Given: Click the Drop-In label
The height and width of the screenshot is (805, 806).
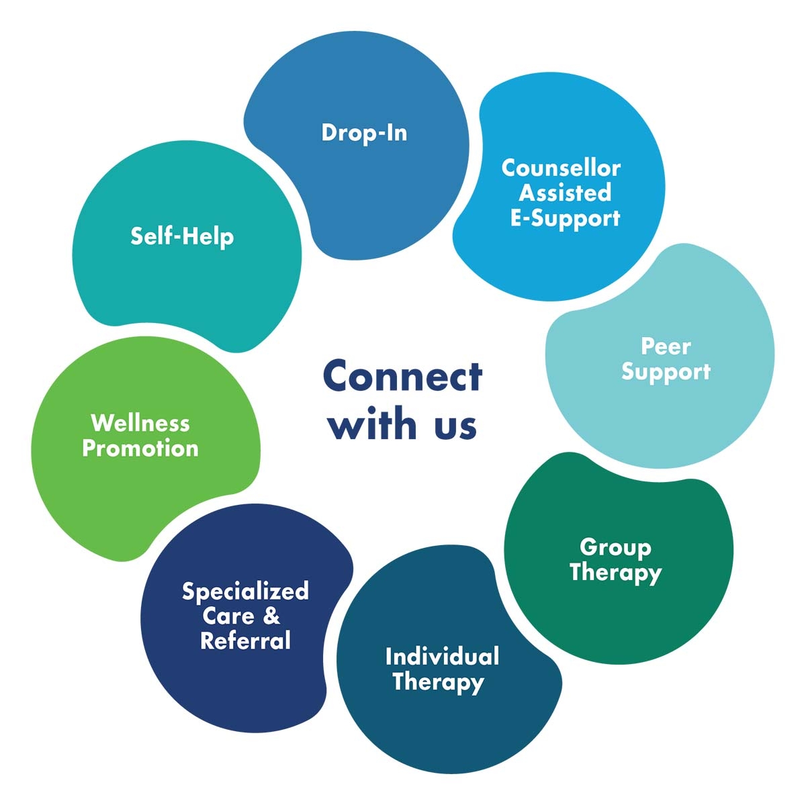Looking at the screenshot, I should [364, 132].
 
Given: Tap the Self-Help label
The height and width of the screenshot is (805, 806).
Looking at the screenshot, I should [182, 236].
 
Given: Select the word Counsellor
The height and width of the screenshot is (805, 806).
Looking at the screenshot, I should [561, 167].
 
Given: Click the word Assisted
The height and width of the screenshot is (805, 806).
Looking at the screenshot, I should [565, 193].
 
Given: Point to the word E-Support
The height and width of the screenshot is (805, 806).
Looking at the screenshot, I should [565, 218].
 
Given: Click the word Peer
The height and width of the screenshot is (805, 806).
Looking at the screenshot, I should [666, 346].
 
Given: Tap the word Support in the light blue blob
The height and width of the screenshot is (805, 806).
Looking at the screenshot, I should [666, 372].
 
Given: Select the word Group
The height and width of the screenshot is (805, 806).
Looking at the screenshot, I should [615, 547].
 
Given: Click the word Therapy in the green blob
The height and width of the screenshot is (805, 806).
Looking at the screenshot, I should [615, 573].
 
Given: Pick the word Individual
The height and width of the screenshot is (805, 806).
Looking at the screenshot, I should [442, 656].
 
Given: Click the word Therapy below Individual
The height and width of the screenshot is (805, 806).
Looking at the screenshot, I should [438, 681].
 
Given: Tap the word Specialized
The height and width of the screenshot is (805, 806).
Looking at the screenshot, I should [245, 591].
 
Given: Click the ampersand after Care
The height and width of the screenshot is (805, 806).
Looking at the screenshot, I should [271, 616].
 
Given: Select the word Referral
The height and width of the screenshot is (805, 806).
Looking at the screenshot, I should [245, 641].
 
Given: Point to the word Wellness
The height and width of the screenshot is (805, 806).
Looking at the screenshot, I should [140, 423].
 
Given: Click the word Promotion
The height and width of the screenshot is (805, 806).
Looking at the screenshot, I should [140, 448].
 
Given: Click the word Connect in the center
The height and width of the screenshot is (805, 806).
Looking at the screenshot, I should [402, 377].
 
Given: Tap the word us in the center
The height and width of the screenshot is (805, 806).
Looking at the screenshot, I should [455, 426].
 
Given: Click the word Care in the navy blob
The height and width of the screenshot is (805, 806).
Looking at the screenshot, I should [228, 616].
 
